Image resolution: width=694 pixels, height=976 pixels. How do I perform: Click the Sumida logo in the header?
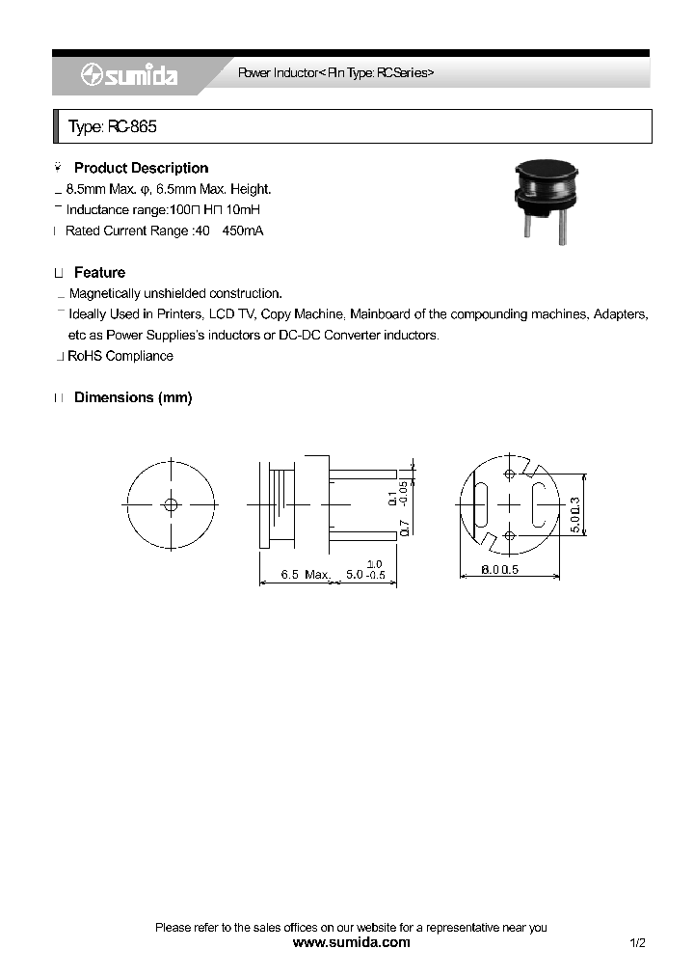point(128,75)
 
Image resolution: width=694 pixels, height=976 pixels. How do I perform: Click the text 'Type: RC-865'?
point(112,127)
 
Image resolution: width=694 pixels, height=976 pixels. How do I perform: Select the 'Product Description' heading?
point(141,168)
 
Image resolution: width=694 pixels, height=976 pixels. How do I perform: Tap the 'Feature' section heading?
point(99,273)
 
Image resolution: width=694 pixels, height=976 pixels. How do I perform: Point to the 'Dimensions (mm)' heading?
point(133,397)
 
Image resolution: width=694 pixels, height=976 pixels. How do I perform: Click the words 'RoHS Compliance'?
point(120,356)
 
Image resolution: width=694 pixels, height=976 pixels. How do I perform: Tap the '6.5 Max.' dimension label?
point(306,575)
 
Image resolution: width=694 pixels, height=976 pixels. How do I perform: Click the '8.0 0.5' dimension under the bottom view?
point(500,570)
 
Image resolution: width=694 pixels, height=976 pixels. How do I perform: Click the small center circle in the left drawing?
point(172,504)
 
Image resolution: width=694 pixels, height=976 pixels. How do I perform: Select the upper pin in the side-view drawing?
point(363,474)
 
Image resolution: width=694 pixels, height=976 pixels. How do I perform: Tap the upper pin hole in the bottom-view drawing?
point(508,474)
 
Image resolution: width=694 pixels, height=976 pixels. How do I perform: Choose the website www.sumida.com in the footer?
point(351,942)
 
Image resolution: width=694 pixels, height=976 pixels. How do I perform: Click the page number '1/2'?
point(636,942)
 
